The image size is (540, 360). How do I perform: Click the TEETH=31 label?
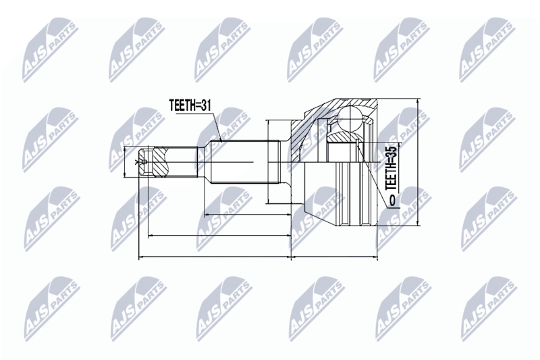click(x=190, y=105)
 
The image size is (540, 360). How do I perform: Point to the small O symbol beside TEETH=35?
click(x=392, y=200)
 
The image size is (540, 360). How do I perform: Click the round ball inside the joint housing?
click(x=350, y=120)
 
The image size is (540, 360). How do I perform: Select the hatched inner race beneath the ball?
click(x=342, y=136)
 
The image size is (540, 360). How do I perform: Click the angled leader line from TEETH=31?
click(x=215, y=127)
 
